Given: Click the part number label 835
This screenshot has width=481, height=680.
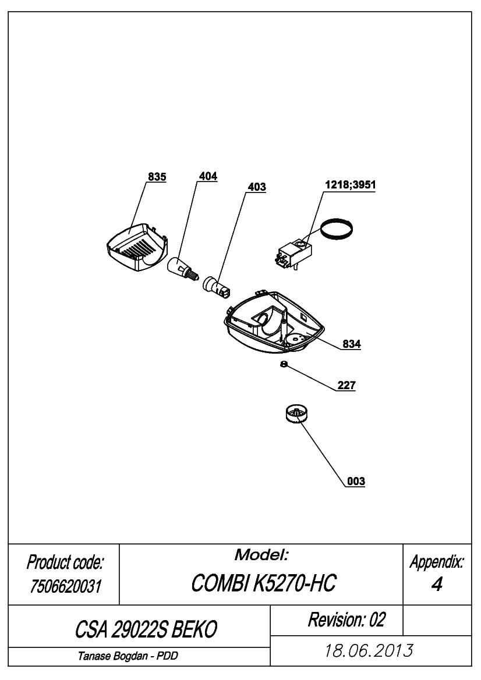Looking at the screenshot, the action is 157,177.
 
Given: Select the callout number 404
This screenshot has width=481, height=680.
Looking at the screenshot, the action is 208,176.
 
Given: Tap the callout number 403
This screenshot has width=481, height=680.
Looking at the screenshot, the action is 257,187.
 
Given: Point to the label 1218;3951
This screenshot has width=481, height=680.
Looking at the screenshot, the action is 351,185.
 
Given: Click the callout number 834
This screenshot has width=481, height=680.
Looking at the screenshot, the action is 352,344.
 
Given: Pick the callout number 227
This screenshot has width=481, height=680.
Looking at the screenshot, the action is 346,385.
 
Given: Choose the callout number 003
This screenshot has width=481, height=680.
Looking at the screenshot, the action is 356,482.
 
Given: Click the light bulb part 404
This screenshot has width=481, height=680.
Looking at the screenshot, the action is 182,268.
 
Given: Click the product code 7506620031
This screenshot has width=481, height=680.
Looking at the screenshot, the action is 65,587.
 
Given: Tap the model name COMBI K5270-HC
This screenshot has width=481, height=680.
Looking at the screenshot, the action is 264,583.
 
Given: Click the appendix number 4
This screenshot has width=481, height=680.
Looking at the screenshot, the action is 437,585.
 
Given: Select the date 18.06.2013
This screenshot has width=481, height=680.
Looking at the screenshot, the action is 369,651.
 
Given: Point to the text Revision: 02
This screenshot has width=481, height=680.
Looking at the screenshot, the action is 346,620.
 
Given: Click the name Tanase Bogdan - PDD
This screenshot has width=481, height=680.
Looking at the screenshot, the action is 128,656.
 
